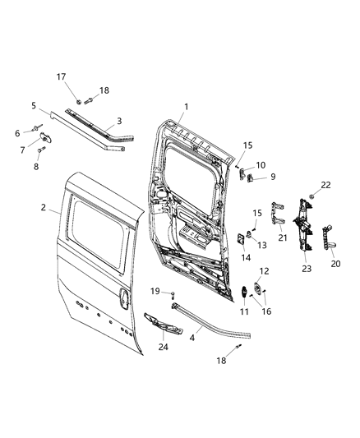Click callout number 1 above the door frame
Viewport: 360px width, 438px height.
pyautogui.click(x=186, y=106)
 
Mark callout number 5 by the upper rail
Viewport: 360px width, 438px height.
pyautogui.click(x=34, y=105)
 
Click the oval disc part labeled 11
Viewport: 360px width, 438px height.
pyautogui.click(x=245, y=293)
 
